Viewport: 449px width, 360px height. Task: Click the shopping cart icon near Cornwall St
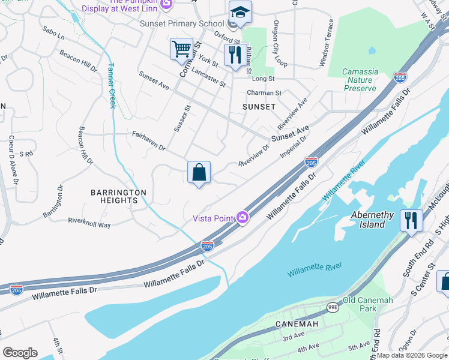(181, 49)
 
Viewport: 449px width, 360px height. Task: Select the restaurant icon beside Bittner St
(234, 55)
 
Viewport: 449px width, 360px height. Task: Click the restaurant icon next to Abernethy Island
(411, 220)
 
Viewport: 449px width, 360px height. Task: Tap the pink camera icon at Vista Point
(243, 217)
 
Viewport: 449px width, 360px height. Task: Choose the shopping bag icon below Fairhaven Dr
(199, 173)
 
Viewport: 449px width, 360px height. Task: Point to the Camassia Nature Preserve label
(360, 80)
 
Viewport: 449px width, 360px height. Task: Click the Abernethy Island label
(372, 220)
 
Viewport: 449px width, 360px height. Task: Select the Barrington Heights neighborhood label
(118, 196)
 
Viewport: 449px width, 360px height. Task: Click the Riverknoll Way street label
(89, 222)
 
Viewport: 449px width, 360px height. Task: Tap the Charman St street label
(264, 93)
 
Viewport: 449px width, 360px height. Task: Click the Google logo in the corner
(20, 353)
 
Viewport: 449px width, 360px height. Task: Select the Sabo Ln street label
(53, 32)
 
